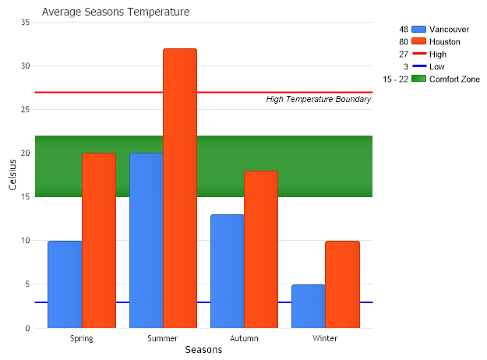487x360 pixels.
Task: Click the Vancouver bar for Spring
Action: [65, 284]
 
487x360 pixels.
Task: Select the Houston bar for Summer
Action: [180, 188]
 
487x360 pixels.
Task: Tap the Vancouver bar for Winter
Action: [309, 306]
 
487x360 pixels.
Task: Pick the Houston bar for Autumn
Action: [261, 249]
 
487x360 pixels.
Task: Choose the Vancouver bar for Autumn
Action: [228, 271]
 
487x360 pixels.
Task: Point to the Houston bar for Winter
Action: [342, 284]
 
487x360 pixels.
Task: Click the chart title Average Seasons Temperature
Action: [115, 12]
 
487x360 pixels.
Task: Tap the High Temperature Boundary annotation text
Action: [318, 99]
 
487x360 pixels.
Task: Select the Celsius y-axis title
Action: [12, 175]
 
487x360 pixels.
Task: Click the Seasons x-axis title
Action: [203, 350]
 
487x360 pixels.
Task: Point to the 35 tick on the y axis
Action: [25, 23]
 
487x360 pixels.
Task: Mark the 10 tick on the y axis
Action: [25, 241]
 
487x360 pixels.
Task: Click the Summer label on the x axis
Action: [163, 338]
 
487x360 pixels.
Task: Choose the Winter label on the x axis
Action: [325, 338]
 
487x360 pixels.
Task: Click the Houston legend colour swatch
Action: [418, 41]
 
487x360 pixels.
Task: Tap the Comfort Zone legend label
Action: [454, 79]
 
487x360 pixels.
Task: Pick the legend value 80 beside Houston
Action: [404, 41]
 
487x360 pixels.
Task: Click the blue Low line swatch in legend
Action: [418, 67]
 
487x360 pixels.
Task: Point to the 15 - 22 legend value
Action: [396, 79]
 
